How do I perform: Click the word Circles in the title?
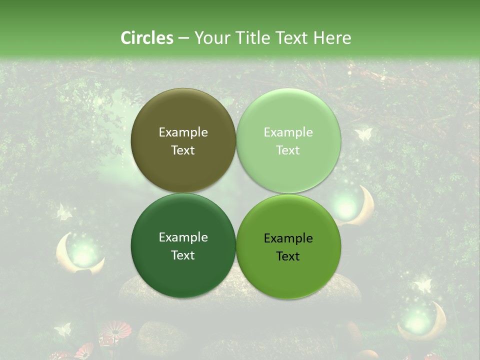tap(147, 38)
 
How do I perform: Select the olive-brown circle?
tap(183, 140)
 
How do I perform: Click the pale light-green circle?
tap(288, 140)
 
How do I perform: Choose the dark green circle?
tap(183, 245)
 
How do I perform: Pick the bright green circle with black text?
tap(288, 246)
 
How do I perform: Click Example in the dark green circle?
tap(183, 237)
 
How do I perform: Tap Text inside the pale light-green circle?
tap(288, 150)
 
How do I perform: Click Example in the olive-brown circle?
tap(183, 132)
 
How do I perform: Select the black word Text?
tap(288, 256)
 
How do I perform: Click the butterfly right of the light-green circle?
tap(363, 134)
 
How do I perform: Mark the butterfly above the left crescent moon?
tap(63, 211)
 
